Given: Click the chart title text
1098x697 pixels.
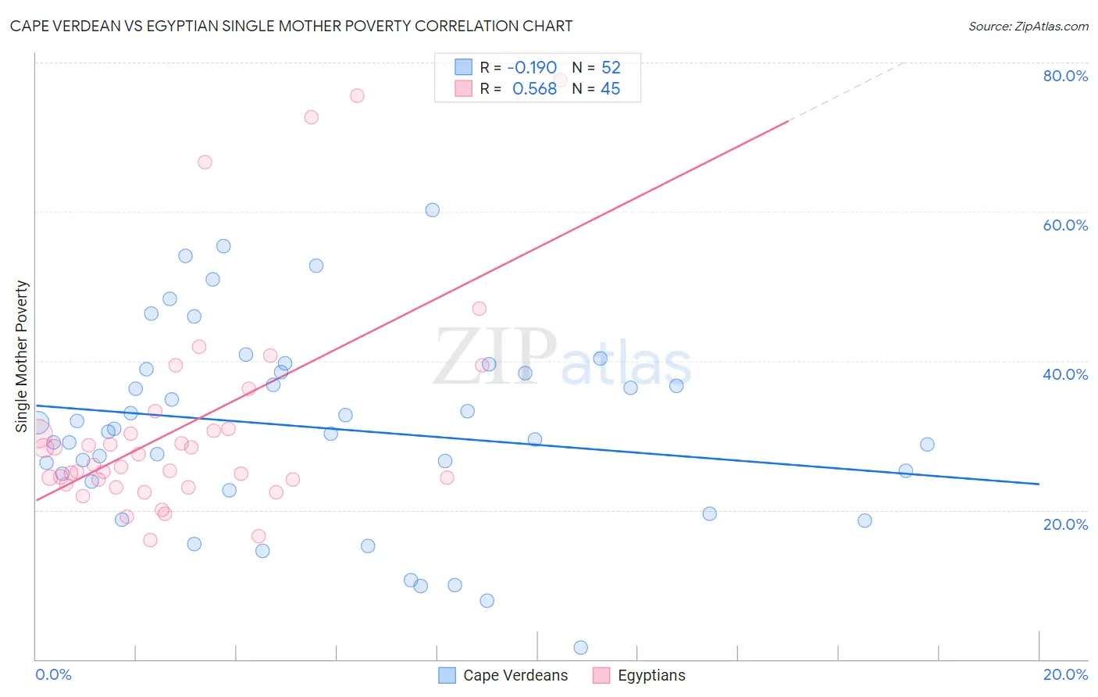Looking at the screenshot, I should click(291, 26).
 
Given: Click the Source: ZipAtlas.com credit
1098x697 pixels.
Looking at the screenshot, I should click(1028, 26).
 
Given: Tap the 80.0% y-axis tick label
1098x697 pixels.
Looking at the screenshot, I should click(1065, 76).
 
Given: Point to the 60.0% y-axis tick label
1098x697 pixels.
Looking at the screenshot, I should click(1065, 225).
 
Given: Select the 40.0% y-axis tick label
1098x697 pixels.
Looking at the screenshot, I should click(1065, 374).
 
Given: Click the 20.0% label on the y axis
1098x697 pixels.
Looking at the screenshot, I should click(1065, 524).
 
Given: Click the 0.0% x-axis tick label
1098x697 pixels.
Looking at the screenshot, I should click(53, 674).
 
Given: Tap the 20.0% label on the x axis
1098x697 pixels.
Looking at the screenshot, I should click(1065, 674).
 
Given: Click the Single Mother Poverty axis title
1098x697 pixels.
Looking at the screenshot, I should click(22, 356).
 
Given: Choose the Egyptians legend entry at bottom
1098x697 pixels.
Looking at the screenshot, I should click(651, 675).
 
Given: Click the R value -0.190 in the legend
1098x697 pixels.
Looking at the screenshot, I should click(532, 67).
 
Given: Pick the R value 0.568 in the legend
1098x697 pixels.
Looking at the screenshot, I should click(534, 89).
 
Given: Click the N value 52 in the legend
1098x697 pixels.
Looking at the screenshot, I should click(611, 67).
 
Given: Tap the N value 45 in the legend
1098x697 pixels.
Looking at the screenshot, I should click(610, 89).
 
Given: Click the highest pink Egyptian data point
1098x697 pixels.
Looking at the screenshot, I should click(357, 95).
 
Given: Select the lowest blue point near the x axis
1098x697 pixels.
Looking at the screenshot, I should click(580, 647).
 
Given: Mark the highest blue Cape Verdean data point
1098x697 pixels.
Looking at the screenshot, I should click(432, 210).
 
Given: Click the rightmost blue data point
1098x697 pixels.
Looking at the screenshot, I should click(927, 445).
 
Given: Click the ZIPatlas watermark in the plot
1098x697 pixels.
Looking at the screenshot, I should click(562, 357).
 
